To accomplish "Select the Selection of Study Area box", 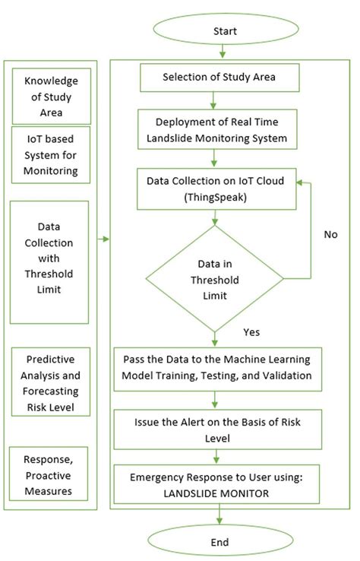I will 219,78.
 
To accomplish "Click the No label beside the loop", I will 330,234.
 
